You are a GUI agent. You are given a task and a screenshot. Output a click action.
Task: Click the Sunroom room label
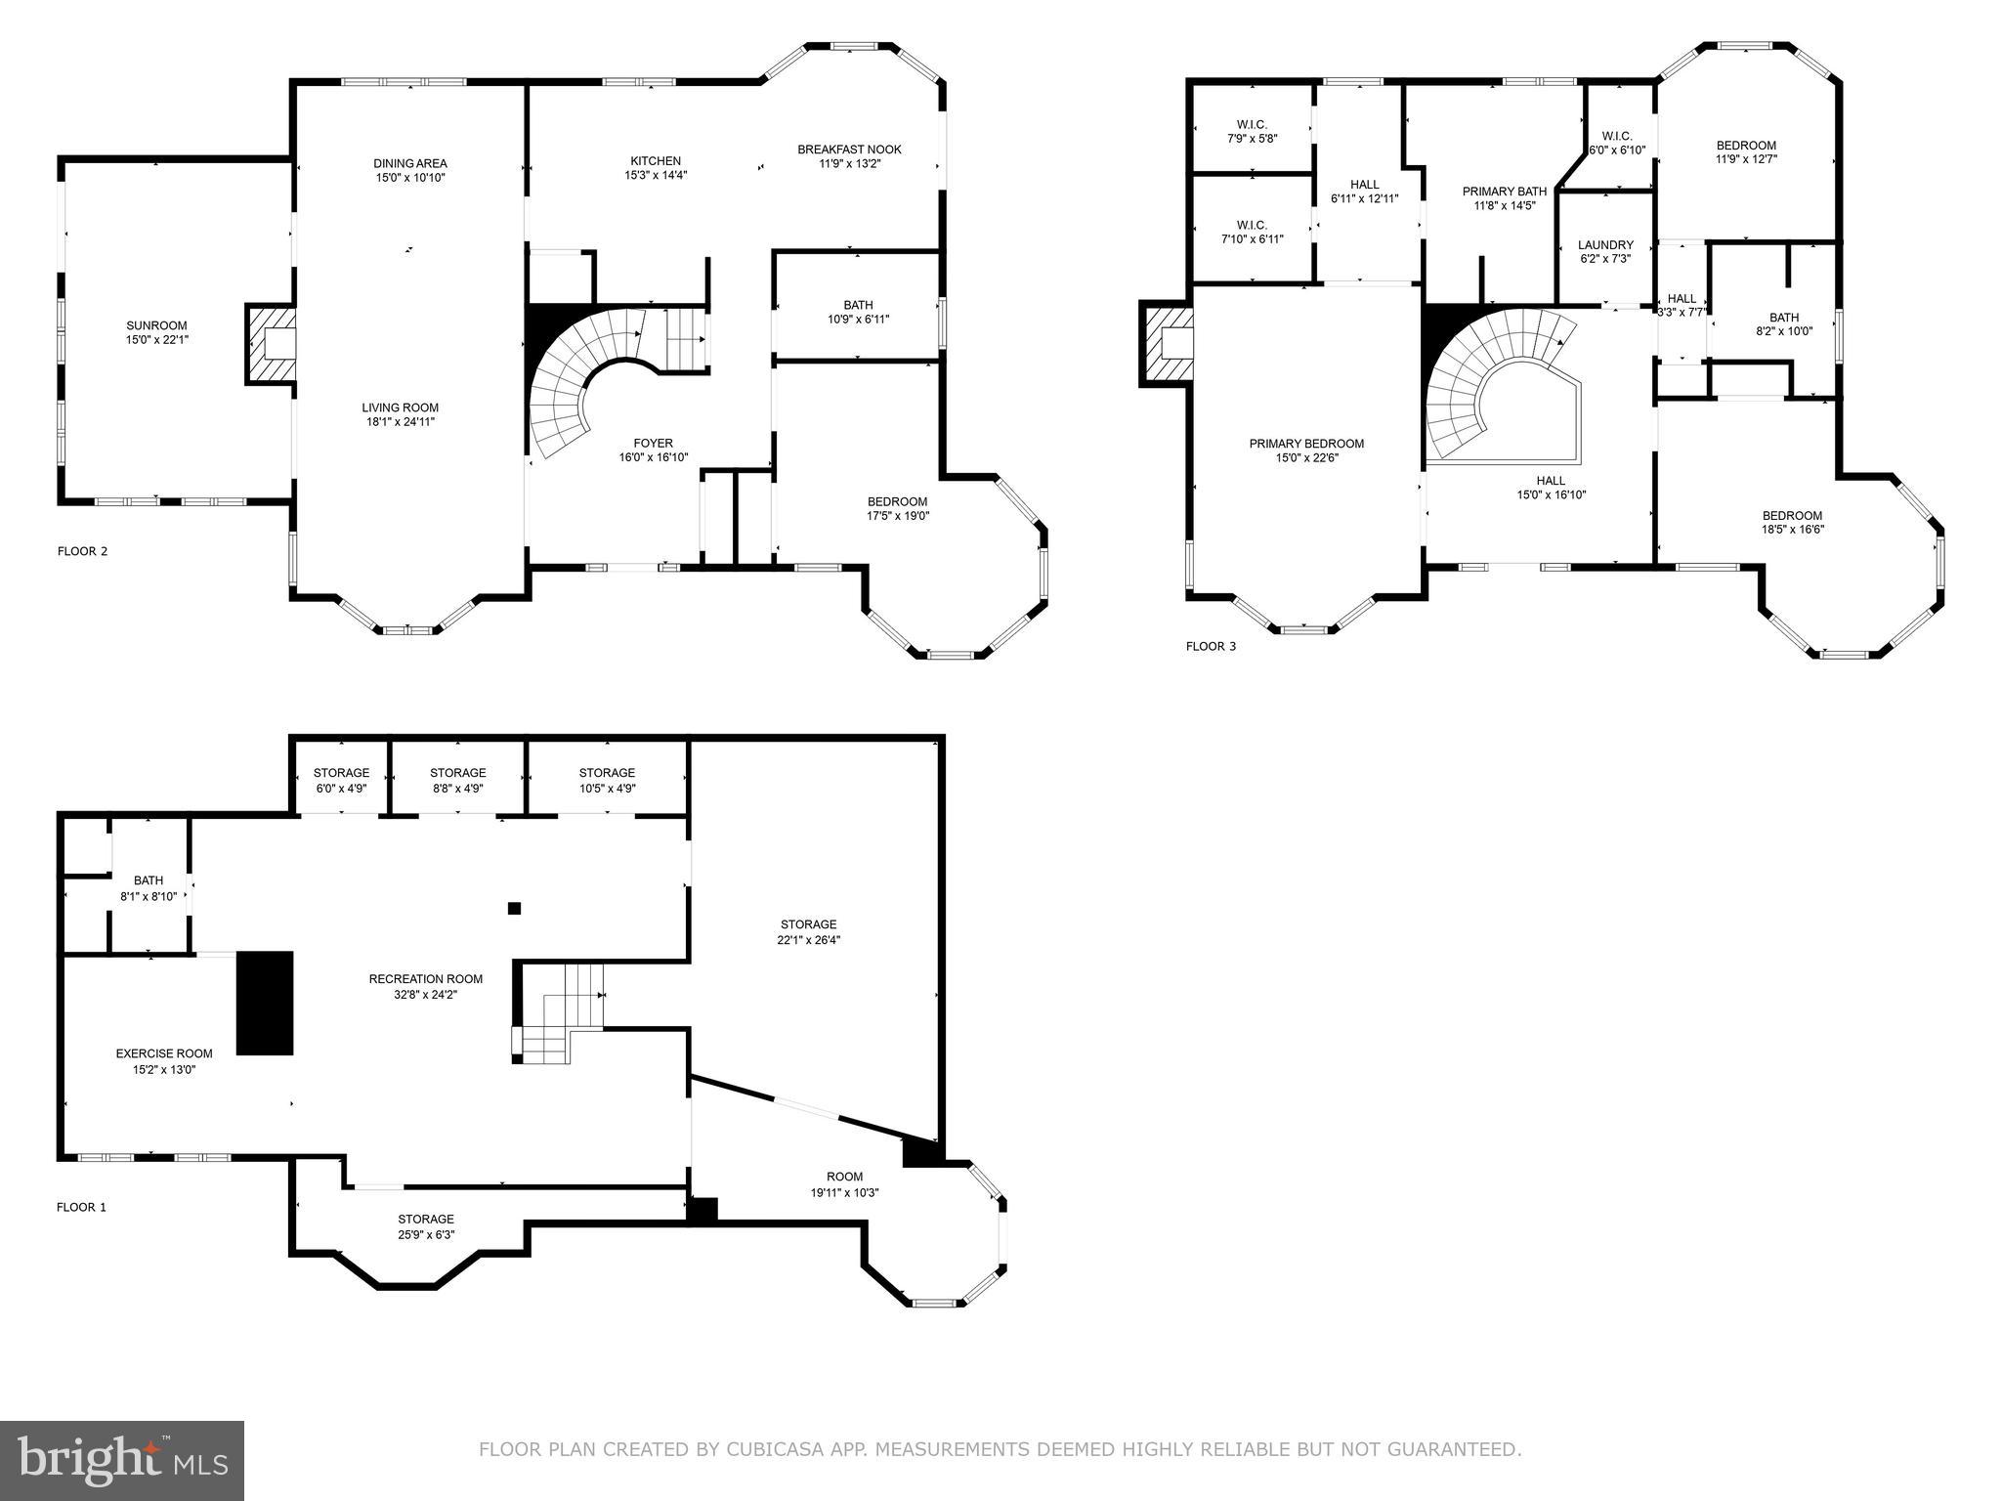point(156,325)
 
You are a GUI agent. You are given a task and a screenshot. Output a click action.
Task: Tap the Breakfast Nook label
point(849,150)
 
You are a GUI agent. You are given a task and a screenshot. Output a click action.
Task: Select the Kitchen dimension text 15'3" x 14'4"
point(656,176)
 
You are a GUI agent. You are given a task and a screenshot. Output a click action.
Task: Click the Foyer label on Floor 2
point(653,443)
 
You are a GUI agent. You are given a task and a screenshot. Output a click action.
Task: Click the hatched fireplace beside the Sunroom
point(271,344)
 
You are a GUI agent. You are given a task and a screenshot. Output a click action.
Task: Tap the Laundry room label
point(1605,245)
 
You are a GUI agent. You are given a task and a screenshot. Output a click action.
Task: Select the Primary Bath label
point(1504,192)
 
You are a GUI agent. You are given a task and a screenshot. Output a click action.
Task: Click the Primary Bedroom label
point(1306,444)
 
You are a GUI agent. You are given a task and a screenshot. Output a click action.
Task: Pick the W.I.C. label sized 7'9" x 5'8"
point(1252,124)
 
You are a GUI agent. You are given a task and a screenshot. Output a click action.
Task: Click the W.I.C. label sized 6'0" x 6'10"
point(1617,136)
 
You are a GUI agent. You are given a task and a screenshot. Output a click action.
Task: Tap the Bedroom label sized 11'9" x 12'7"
point(1746,146)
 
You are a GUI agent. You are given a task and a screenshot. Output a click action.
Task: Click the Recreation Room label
point(425,979)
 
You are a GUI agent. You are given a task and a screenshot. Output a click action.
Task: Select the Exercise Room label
point(164,1053)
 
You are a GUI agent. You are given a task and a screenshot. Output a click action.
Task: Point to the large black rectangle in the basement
point(266,1003)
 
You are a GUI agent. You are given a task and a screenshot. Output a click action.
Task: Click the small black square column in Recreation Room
point(514,908)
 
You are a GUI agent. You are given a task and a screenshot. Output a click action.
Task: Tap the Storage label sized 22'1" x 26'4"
point(808,924)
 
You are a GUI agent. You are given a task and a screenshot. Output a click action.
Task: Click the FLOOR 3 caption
point(1211,646)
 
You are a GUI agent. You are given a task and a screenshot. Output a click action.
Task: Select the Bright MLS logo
point(122,1461)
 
